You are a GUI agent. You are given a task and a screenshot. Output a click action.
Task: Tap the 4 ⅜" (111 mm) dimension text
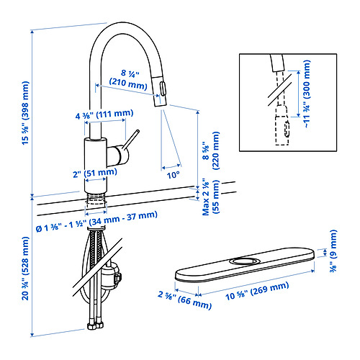104,114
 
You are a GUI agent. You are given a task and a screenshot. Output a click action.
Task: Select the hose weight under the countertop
112,276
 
